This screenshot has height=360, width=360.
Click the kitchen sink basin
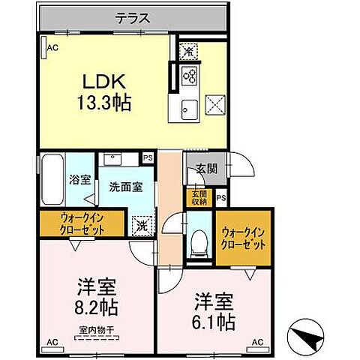pyautogui.click(x=187, y=106)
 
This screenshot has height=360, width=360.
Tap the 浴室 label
pyautogui.click(x=76, y=180)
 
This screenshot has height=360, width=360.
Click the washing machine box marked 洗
pyautogui.click(x=141, y=223)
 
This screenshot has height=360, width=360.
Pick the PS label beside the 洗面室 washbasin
pyautogui.click(x=148, y=158)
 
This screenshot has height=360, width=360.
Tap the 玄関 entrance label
pyautogui.click(x=206, y=169)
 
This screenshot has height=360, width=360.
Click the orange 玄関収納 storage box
pyautogui.click(x=197, y=196)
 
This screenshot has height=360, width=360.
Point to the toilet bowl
pyautogui.click(x=199, y=241)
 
